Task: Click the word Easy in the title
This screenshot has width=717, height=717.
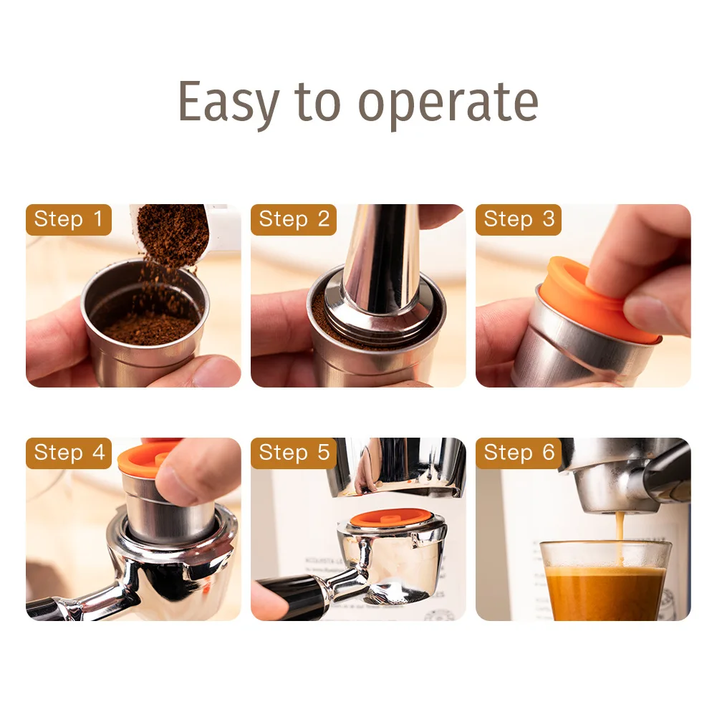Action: click(228, 102)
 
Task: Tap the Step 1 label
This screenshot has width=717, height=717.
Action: click(69, 220)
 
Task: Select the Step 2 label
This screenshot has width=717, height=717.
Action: click(294, 220)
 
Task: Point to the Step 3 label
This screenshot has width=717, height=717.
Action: click(519, 220)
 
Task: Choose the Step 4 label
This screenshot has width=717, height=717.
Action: click(69, 453)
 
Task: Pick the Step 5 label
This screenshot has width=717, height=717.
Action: click(294, 453)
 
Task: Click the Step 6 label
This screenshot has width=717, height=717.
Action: click(519, 453)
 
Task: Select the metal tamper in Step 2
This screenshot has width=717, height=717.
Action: click(380, 265)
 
